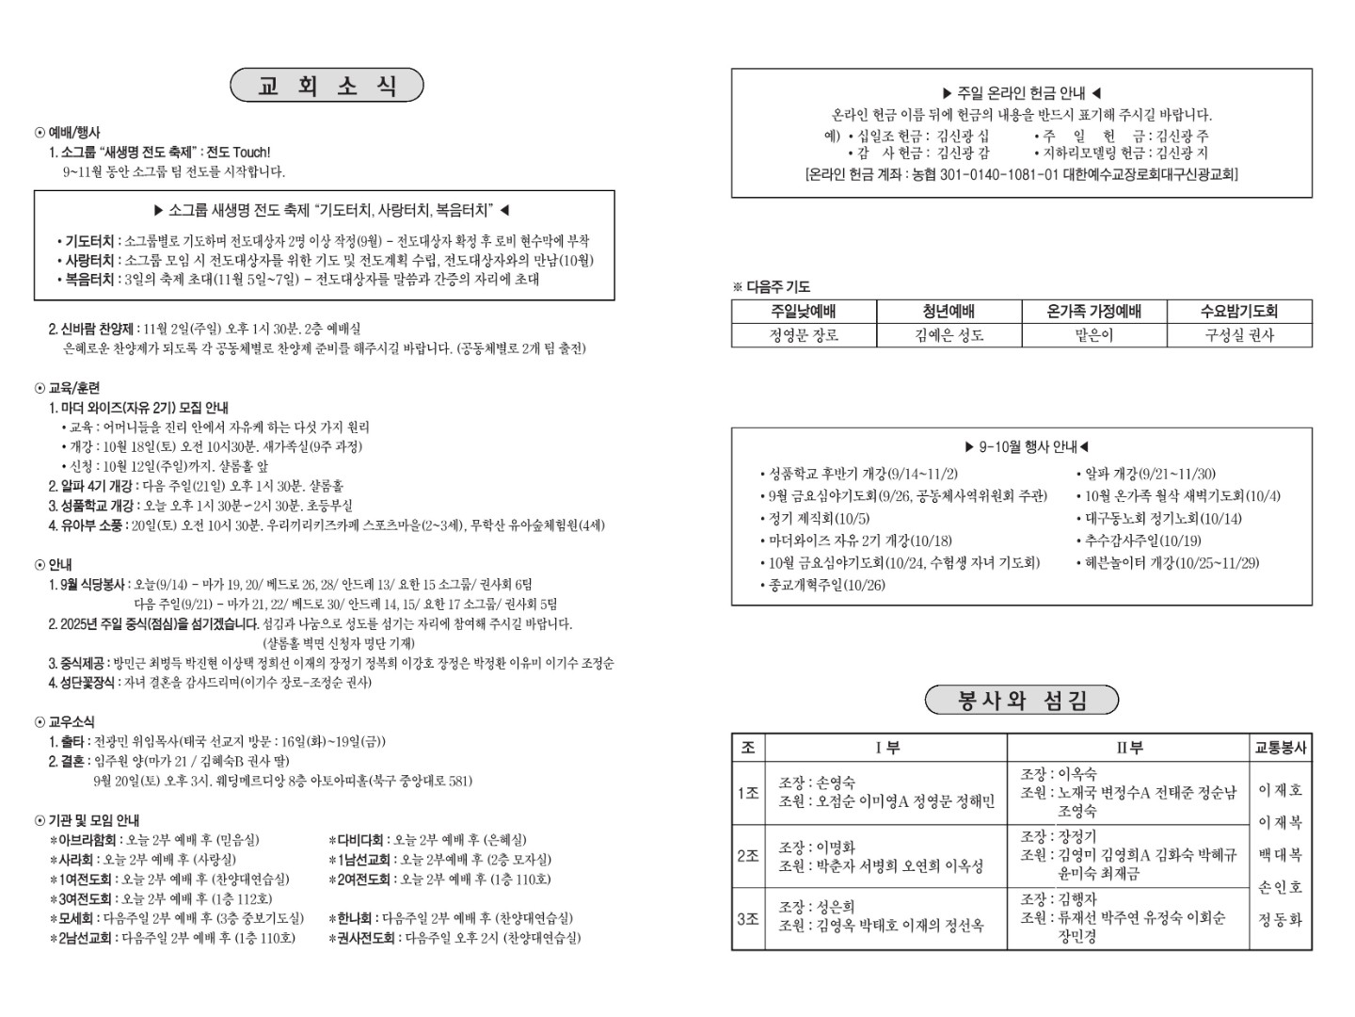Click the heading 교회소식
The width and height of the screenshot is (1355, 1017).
click(x=327, y=86)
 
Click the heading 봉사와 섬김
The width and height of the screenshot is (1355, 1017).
click(x=1021, y=701)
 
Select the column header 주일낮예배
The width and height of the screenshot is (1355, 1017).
click(x=804, y=312)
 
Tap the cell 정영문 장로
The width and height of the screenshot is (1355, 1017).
click(x=804, y=335)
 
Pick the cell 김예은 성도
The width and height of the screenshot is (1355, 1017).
click(x=948, y=335)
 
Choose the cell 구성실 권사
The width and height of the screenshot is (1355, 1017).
click(x=1239, y=335)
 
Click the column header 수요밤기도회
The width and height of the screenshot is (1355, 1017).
click(x=1239, y=312)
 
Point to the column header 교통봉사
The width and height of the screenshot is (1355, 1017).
click(x=1281, y=748)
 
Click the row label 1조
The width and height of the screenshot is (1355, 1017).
click(x=748, y=793)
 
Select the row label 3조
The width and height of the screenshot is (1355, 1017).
click(x=748, y=917)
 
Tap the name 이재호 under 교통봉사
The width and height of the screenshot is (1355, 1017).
click(x=1281, y=790)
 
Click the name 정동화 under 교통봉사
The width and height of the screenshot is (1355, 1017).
click(x=1281, y=919)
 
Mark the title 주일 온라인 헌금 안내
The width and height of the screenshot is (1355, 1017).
click(x=1021, y=93)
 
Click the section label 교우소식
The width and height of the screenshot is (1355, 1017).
click(x=71, y=722)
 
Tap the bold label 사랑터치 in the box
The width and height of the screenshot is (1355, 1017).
click(x=89, y=260)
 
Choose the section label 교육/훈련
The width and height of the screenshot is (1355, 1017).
click(x=73, y=388)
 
